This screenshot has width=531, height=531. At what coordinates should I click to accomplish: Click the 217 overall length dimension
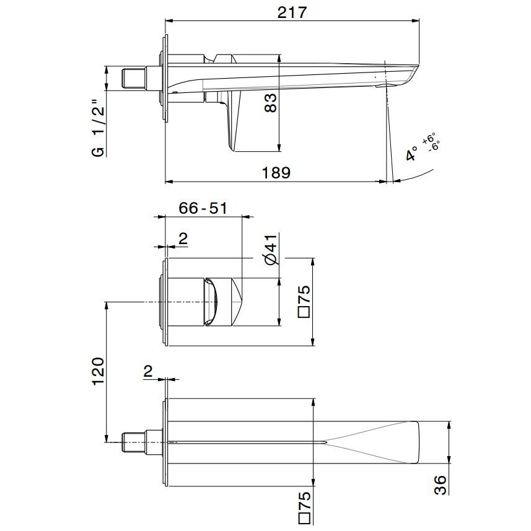click(x=292, y=13)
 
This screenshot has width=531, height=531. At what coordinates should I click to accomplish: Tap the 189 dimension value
click(x=276, y=173)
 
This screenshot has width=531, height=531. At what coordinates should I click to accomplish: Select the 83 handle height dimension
click(x=270, y=103)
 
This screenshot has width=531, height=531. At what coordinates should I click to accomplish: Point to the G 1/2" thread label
click(x=99, y=128)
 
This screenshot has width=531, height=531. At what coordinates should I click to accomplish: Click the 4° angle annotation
click(x=411, y=154)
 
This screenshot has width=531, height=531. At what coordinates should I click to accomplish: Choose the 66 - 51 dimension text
click(x=203, y=208)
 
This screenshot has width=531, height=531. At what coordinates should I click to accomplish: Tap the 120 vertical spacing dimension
click(x=99, y=371)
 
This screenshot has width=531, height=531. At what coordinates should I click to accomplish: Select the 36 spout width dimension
click(x=441, y=485)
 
